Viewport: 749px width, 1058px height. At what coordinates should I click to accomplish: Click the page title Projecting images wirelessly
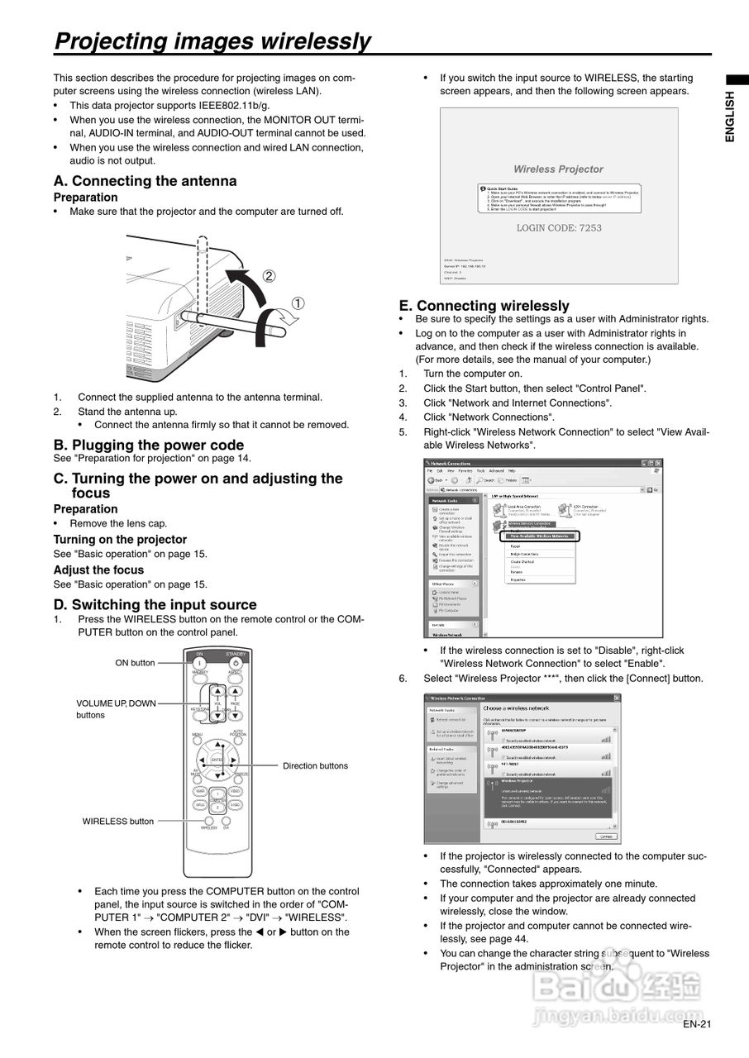[x=212, y=41]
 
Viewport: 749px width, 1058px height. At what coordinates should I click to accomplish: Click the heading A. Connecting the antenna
[x=145, y=181]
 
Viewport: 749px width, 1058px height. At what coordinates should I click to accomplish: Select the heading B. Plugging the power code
[x=149, y=445]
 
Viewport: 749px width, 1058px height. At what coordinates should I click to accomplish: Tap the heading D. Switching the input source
[x=155, y=604]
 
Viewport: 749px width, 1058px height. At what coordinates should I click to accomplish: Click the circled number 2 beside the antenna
[x=269, y=276]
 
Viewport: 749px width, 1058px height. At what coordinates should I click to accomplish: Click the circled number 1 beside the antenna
[x=297, y=303]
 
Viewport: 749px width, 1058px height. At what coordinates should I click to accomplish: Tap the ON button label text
[x=135, y=663]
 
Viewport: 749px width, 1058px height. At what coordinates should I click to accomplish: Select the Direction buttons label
[x=315, y=765]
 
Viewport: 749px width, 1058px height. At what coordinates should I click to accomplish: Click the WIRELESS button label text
[x=117, y=821]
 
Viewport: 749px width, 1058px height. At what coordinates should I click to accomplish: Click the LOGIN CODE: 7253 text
[x=559, y=227]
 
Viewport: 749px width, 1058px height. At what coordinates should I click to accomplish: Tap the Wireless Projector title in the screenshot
[x=558, y=169]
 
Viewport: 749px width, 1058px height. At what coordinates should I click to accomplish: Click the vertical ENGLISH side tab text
[x=730, y=117]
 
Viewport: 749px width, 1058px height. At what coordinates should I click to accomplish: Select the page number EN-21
[x=697, y=1025]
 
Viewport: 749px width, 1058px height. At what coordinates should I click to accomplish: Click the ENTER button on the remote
[x=217, y=759]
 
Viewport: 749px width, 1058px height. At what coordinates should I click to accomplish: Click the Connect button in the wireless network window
[x=606, y=836]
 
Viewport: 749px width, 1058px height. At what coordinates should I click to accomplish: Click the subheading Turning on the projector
[x=120, y=539]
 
